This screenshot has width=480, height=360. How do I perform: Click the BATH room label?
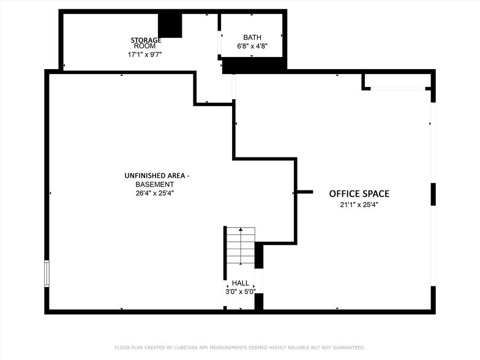[252, 37]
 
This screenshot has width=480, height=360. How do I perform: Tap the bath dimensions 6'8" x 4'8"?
[252, 47]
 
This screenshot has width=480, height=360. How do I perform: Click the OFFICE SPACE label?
[359, 194]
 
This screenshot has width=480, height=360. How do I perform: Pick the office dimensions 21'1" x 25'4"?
[359, 205]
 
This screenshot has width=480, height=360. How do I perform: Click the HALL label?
[241, 283]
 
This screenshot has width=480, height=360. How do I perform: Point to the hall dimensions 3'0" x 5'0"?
[241, 292]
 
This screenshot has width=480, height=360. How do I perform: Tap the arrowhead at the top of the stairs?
[241, 230]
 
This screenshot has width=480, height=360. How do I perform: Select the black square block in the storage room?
[170, 25]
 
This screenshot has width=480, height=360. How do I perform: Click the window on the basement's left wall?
[47, 274]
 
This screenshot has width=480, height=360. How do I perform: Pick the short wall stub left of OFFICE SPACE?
[305, 192]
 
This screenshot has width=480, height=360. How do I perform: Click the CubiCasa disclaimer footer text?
[239, 347]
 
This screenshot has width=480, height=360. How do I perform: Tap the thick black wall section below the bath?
[255, 65]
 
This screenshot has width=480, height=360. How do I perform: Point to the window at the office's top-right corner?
[398, 89]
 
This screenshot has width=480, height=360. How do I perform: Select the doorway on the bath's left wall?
[220, 42]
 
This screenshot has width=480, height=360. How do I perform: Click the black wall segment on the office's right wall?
[433, 193]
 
